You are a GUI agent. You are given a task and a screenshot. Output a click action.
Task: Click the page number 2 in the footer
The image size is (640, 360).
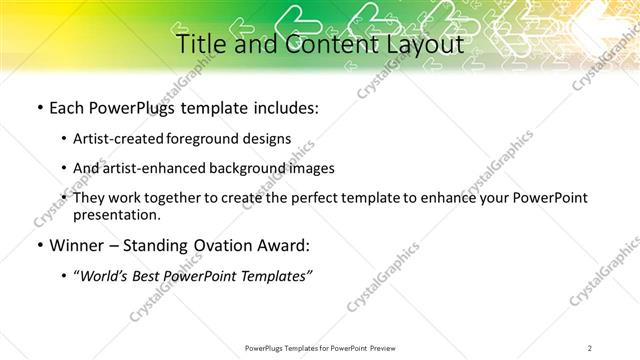click(x=591, y=347)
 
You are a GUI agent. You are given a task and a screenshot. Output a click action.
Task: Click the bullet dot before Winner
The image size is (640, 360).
click(x=39, y=244)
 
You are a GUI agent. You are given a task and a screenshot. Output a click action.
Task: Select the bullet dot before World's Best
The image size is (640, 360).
click(x=65, y=276)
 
